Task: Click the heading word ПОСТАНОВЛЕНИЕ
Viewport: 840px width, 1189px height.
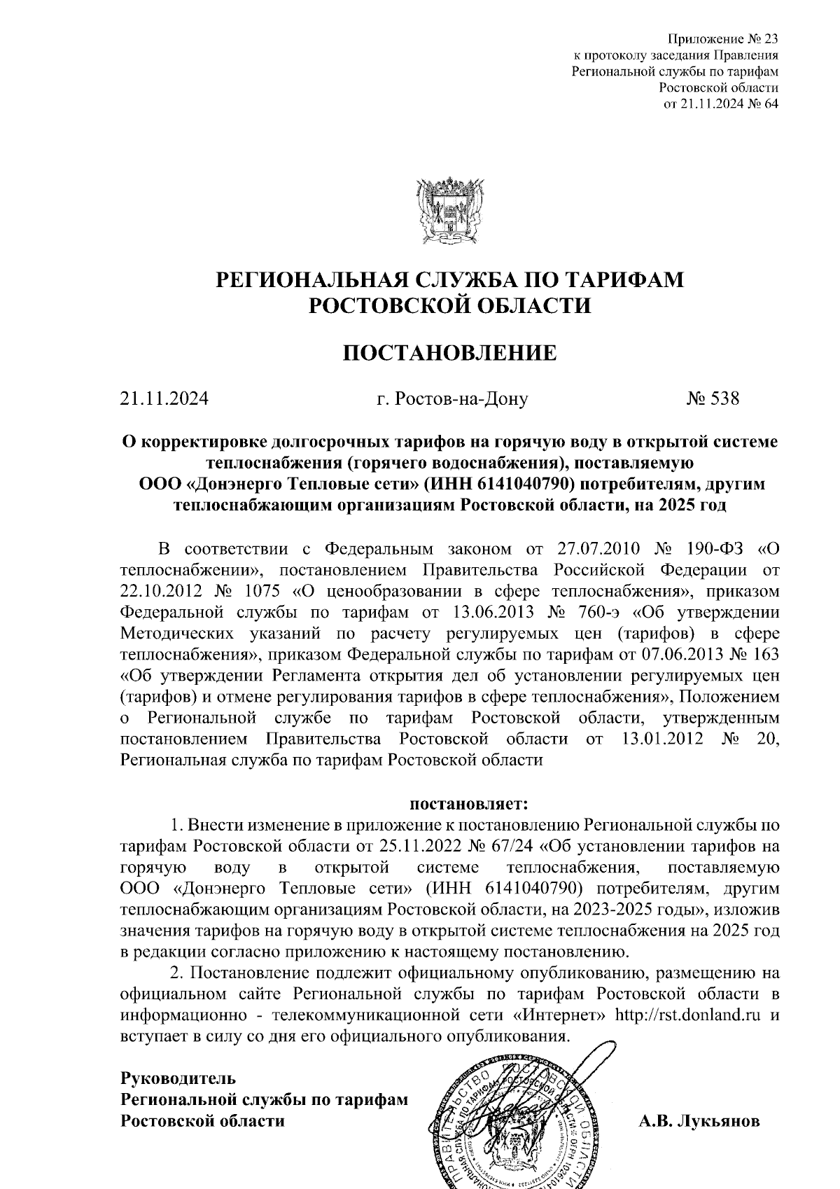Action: (x=449, y=352)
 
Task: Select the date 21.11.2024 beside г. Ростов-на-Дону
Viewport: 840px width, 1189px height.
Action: (x=164, y=398)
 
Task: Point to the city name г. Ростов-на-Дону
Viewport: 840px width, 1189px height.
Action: (x=451, y=399)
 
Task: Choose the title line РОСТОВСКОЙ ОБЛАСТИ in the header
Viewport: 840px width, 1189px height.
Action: (x=450, y=305)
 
